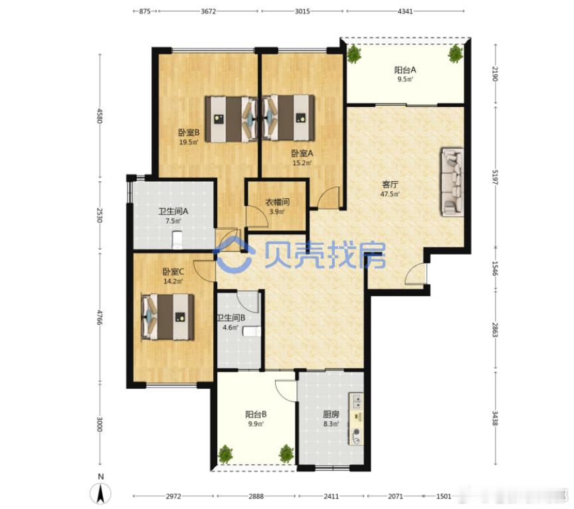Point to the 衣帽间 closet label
click(x=277, y=202)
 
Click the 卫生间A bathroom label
click(x=172, y=212)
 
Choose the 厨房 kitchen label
click(x=330, y=415)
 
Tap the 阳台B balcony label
click(x=256, y=415)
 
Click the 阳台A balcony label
click(x=405, y=69)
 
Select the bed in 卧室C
click(x=169, y=317)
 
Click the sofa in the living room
click(x=452, y=182)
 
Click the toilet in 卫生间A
click(x=177, y=238)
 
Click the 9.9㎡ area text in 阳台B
click(x=256, y=425)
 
